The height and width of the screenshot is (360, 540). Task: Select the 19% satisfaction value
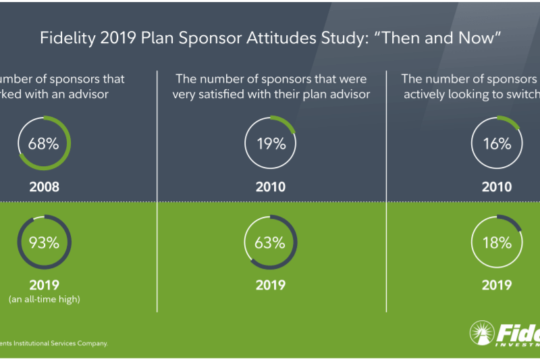click(270, 144)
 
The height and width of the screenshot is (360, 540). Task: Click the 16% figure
click(496, 144)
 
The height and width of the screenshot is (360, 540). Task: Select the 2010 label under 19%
click(270, 187)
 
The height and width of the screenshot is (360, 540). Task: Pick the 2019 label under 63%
click(270, 285)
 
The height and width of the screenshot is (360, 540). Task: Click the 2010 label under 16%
click(496, 187)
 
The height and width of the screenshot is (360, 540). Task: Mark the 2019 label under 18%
click(496, 285)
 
